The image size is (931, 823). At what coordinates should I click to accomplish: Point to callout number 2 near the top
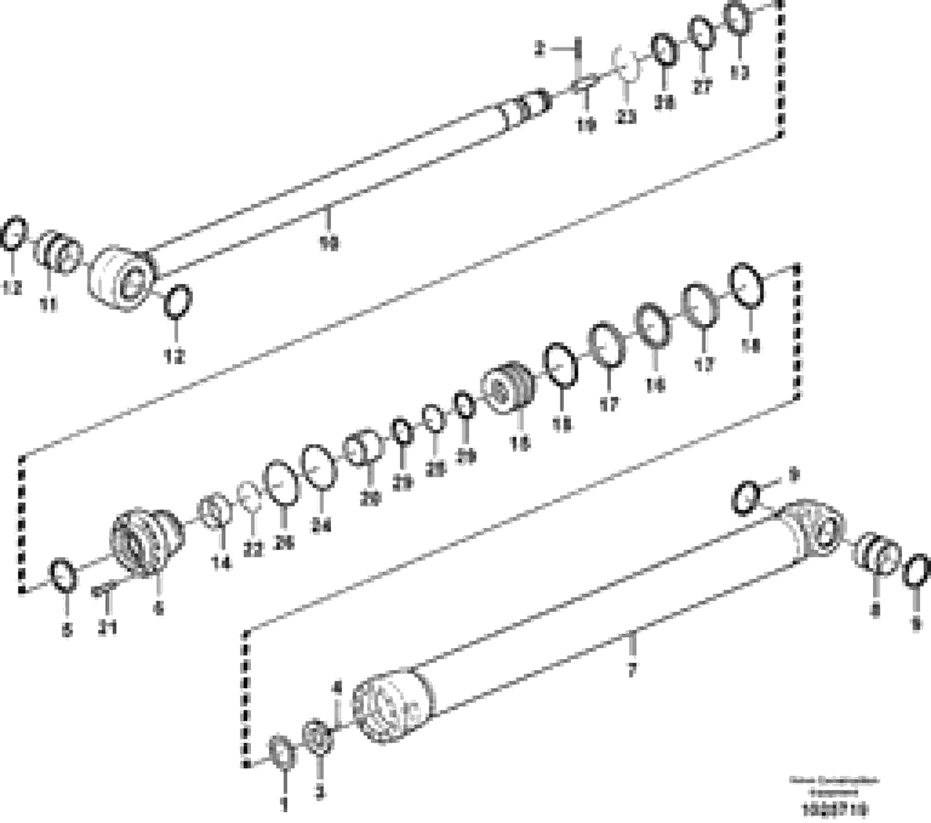point(540,49)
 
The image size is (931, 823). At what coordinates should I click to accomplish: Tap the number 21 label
point(107,627)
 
